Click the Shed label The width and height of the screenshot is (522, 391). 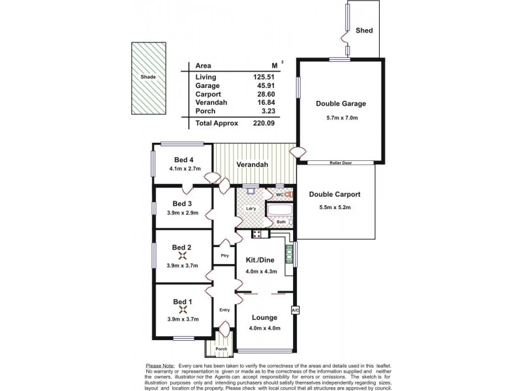pyautogui.click(x=364, y=30)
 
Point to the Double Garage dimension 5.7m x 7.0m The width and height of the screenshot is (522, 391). pyautogui.click(x=341, y=117)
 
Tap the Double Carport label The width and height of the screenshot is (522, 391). pyautogui.click(x=334, y=194)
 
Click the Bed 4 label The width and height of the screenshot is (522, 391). pyautogui.click(x=183, y=160)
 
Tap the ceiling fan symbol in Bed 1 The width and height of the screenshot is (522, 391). pyautogui.click(x=182, y=310)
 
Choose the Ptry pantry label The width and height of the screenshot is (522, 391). pyautogui.click(x=224, y=255)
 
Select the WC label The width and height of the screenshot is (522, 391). pyautogui.click(x=277, y=193)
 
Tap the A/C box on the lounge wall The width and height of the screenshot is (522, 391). pyautogui.click(x=294, y=310)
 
